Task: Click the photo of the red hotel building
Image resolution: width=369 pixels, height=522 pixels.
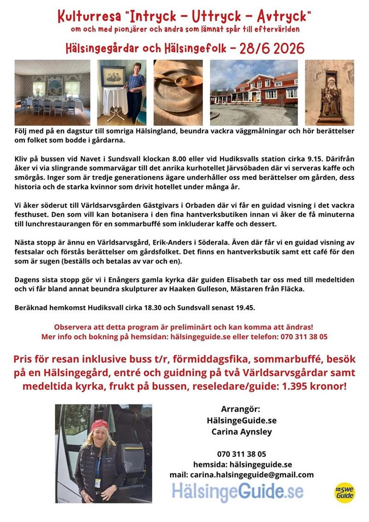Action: (253, 92)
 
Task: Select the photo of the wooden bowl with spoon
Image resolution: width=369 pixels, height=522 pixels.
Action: (178, 92)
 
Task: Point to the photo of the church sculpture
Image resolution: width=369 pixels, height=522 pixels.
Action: (329, 92)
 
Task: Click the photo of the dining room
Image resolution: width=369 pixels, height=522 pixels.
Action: (52, 92)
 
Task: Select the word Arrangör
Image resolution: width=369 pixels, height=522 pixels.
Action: (241, 409)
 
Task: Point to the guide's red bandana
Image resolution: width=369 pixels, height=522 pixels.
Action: (100, 424)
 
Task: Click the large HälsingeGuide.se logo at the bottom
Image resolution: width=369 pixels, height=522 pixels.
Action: (238, 492)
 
